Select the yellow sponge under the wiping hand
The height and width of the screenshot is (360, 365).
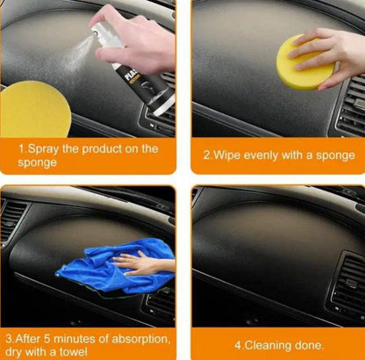click(304, 64)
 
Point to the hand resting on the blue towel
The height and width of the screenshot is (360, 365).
click(141, 262)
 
